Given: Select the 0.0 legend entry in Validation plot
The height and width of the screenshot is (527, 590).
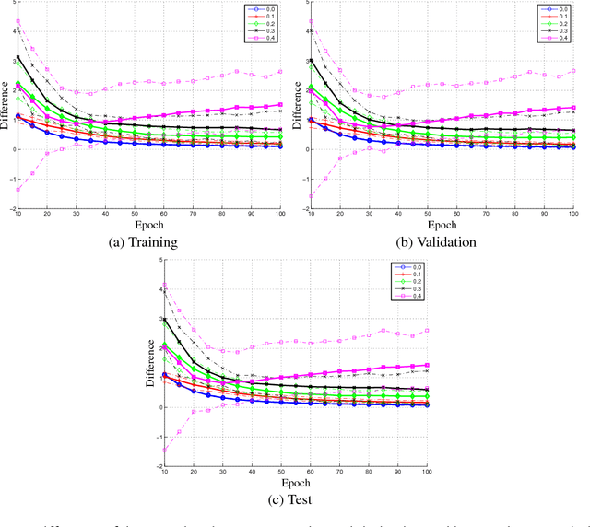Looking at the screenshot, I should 560,9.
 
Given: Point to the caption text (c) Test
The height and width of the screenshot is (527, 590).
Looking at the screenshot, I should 295,500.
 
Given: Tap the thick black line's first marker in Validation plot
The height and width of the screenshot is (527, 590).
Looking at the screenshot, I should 311,61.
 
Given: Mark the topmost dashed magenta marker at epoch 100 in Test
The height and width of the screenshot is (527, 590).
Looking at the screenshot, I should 427,330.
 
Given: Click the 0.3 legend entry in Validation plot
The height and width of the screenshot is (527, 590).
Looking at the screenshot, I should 560,31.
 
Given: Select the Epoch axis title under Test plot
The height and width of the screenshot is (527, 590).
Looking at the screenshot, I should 295,481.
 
